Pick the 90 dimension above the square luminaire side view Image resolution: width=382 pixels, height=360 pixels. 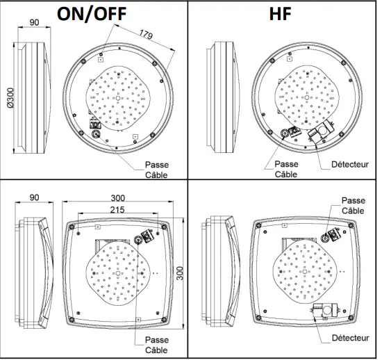(35, 198)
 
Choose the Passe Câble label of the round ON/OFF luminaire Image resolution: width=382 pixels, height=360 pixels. (156, 170)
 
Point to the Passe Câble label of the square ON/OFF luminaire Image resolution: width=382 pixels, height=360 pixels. (156, 345)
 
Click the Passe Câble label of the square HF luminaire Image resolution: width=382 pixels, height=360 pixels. (352, 206)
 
